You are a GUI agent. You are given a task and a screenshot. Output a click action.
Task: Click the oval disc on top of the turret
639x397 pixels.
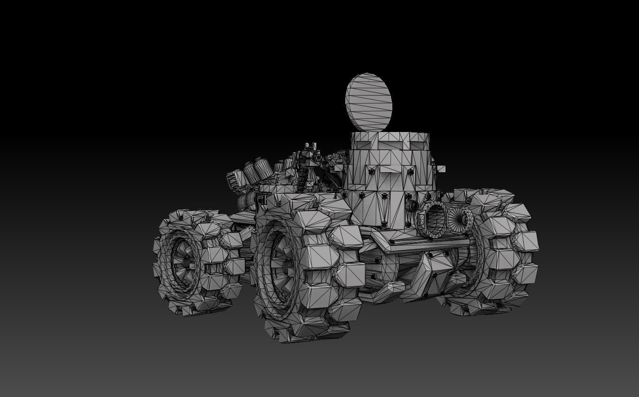[368, 101]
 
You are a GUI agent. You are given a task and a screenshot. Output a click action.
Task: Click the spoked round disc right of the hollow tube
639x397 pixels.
[461, 217]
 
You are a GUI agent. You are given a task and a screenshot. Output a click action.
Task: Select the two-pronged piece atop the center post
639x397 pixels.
[309, 148]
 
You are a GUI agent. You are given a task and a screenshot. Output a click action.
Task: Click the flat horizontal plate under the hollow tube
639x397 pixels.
[423, 243]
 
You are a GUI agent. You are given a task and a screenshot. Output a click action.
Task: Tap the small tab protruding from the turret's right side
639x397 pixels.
[440, 169]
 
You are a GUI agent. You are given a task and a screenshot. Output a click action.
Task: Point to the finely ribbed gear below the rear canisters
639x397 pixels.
[248, 201]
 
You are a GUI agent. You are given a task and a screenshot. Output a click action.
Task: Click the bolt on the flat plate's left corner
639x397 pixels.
[392, 243]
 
